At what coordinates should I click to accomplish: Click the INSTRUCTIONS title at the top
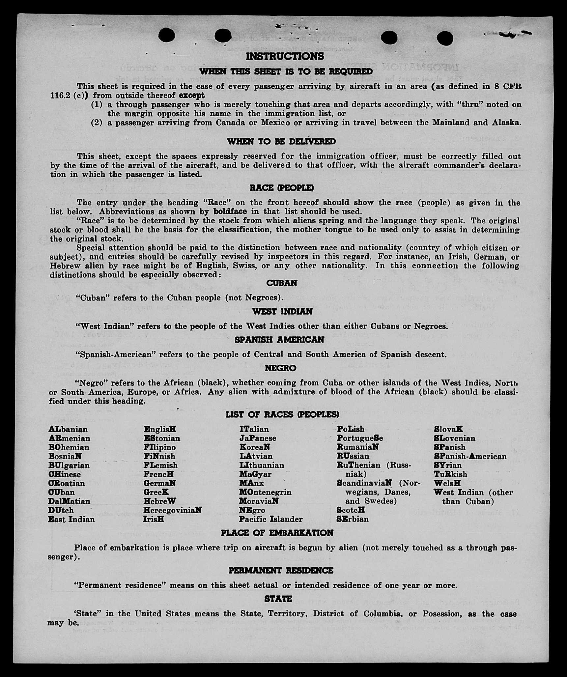click(285, 56)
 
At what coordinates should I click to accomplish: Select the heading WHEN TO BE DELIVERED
click(281, 141)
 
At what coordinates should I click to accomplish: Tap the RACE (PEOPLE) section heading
click(281, 188)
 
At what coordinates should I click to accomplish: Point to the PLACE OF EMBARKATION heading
click(277, 533)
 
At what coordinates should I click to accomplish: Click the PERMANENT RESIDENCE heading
click(281, 570)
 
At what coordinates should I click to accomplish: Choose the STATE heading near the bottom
click(278, 599)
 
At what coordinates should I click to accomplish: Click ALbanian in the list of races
click(68, 430)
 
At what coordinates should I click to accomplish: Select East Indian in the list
click(71, 519)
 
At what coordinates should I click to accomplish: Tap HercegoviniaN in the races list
click(172, 510)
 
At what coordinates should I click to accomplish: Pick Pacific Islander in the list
click(270, 519)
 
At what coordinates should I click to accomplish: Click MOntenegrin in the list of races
click(265, 492)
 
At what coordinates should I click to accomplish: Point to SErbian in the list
click(353, 519)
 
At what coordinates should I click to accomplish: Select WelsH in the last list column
click(447, 483)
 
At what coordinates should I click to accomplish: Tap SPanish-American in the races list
click(470, 456)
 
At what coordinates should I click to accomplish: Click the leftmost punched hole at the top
click(166, 35)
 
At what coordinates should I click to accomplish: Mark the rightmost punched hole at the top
click(445, 38)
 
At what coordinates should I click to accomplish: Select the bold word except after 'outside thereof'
click(191, 96)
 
